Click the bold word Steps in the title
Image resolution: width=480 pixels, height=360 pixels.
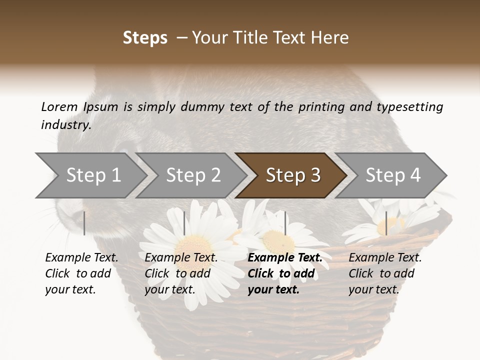pos(145,38)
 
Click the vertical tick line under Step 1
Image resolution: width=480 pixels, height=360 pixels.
pos(84,223)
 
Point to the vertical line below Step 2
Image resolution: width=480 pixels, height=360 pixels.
pos(184,223)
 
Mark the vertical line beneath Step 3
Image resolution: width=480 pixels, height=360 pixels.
pos(285,223)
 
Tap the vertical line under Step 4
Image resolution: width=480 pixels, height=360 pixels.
pos(386,223)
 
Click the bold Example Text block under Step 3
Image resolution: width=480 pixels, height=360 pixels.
pos(285,273)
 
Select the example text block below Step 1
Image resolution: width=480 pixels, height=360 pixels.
pos(81,273)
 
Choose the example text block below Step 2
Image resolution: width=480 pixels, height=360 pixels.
pos(181,273)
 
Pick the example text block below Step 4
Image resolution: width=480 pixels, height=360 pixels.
pos(385,273)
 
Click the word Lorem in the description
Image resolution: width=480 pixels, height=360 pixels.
pos(59,107)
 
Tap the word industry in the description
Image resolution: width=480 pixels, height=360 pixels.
pos(65,125)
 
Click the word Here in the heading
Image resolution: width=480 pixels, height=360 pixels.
pos(331,38)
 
